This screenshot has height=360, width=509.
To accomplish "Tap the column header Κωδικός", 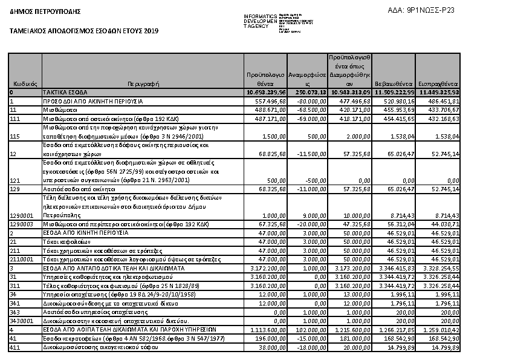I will pos(25,83).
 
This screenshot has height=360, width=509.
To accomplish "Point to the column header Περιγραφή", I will pos(143,83).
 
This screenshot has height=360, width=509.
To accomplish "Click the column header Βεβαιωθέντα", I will pos(394,83).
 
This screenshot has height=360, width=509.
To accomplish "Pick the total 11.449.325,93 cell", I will pos(439,92).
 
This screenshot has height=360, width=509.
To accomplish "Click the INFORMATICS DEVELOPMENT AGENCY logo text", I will pos(261,21).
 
